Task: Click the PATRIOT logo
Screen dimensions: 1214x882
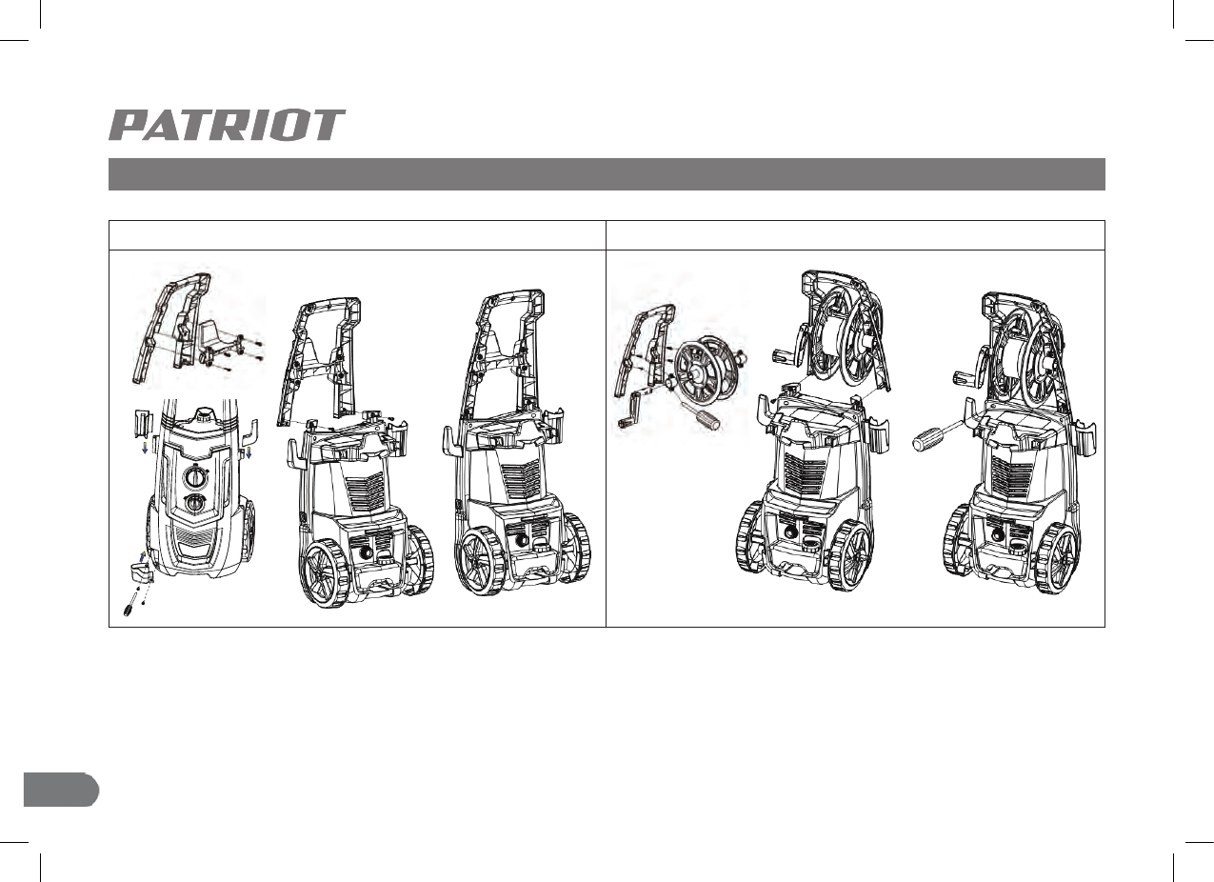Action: click(x=227, y=125)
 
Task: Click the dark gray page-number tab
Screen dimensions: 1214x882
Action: click(x=61, y=790)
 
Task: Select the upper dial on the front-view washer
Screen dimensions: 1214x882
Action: click(x=194, y=477)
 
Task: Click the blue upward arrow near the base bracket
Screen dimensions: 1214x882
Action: click(x=143, y=556)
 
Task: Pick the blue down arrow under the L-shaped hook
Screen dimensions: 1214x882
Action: click(x=249, y=452)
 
